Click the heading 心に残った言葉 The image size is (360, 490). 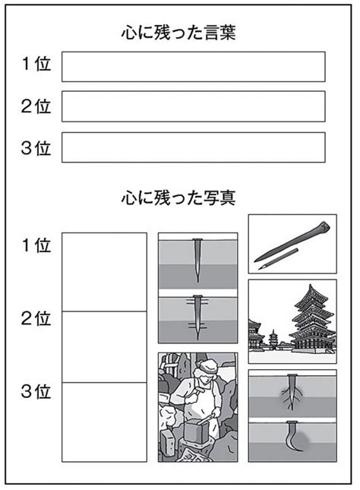tap(178, 33)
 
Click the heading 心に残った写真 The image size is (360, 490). tap(178, 198)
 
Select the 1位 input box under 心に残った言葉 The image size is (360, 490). tap(194, 67)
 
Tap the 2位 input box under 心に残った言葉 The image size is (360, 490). tap(194, 106)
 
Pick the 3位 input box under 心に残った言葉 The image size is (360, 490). tap(194, 147)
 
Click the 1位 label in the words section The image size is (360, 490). tap(36, 64)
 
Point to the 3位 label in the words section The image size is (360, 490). tap(36, 148)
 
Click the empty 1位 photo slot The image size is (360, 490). tap(104, 272)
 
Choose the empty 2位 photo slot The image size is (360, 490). tap(104, 347)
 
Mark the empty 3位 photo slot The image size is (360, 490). tap(104, 422)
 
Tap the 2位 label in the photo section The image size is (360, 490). tap(36, 319)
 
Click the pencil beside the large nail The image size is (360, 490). tap(278, 259)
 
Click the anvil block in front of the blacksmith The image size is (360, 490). tap(196, 431)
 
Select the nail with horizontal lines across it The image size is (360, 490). tap(197, 316)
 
